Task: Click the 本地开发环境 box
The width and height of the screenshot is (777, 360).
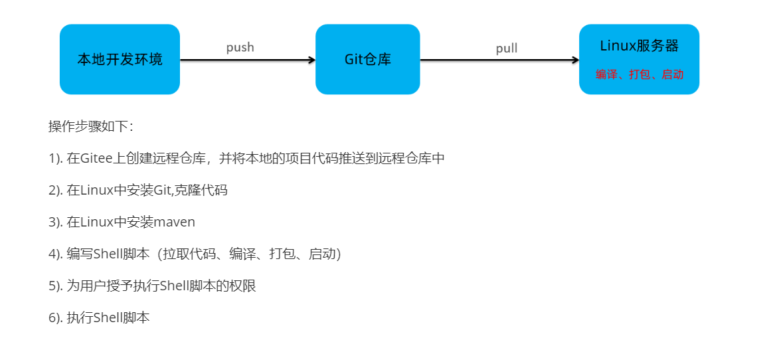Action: click(120, 59)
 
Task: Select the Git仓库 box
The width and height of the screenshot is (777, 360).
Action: click(367, 59)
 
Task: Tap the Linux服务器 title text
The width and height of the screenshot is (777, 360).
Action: click(639, 46)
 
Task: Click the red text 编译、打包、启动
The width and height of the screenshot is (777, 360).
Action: click(639, 75)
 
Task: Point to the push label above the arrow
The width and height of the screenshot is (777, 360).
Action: click(240, 47)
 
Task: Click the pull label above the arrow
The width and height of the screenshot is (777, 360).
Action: click(507, 48)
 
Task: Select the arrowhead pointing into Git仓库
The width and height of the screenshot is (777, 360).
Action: click(311, 60)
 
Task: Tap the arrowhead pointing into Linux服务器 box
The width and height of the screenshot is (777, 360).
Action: click(575, 60)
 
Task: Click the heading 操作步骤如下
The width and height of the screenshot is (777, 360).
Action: click(91, 126)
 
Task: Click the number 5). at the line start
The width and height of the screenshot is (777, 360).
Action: click(55, 286)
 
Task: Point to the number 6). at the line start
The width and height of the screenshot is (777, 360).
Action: click(55, 317)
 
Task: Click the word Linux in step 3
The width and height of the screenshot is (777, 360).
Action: click(96, 222)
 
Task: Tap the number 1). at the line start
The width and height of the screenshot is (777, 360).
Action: click(55, 159)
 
